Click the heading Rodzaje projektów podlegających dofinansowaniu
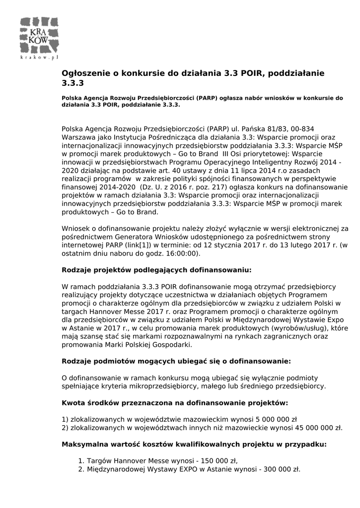[x=156, y=271]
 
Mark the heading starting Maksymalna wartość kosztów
[x=194, y=444]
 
